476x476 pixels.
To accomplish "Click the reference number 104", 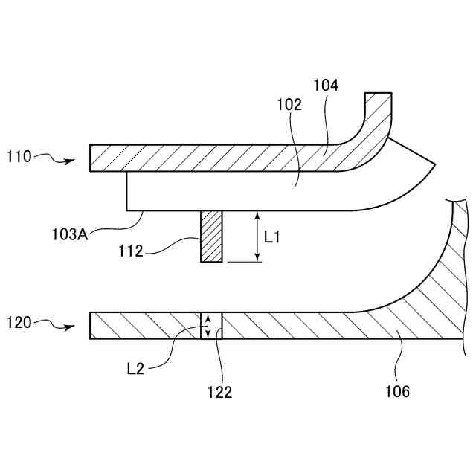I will (326, 86).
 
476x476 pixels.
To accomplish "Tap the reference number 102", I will (290, 105).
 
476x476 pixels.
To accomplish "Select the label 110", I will (19, 157).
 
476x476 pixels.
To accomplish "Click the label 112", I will (130, 251).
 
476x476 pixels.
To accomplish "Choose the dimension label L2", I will (135, 367).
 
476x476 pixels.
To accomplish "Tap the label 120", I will (19, 323).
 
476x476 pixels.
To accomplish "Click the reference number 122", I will (219, 392).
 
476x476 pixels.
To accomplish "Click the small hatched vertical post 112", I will (212, 236).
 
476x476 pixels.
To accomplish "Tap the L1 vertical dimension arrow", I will (257, 236).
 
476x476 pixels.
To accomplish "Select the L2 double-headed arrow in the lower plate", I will (208, 325).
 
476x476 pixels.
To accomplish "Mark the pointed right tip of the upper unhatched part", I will (434, 163).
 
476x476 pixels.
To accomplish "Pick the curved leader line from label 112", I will (171, 245).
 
